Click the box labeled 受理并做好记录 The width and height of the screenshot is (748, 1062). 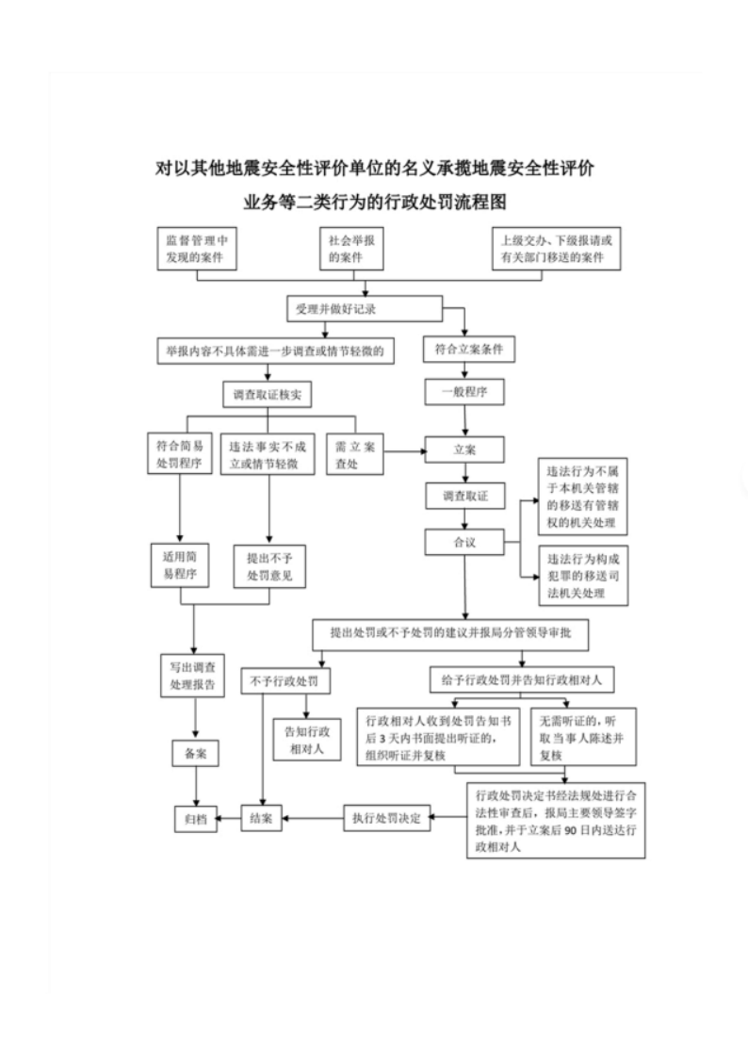364,309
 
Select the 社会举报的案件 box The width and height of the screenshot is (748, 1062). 357,249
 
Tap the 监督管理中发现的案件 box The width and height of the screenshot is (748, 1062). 196,249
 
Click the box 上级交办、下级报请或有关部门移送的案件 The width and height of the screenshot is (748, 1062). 559,249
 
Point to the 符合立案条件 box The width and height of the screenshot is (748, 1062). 468,350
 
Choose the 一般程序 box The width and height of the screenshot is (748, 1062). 464,392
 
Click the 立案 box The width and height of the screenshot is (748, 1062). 464,449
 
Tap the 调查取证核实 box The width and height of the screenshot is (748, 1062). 267,396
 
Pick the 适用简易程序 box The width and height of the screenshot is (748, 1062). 179,564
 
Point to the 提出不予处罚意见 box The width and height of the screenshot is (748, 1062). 269,564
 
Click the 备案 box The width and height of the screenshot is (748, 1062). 196,753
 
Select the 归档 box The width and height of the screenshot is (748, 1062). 196,818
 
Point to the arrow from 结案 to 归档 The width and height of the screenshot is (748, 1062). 231,818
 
